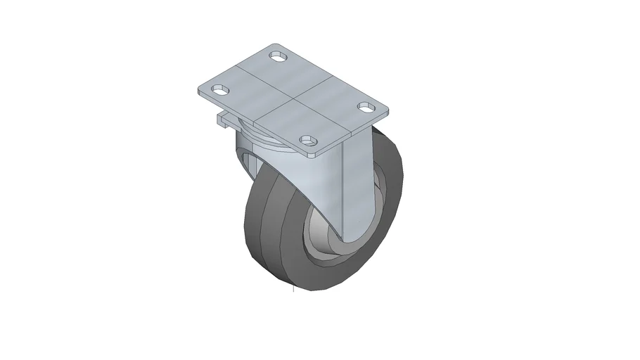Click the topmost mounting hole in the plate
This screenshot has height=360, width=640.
pos(280,55)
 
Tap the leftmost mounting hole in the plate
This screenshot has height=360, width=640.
pos(222,90)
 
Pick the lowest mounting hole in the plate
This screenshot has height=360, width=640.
pos(307,141)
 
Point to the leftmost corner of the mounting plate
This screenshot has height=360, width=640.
pos(200,89)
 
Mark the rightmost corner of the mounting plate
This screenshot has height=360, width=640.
pos(388,109)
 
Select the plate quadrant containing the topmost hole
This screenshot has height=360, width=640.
pos(281,70)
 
